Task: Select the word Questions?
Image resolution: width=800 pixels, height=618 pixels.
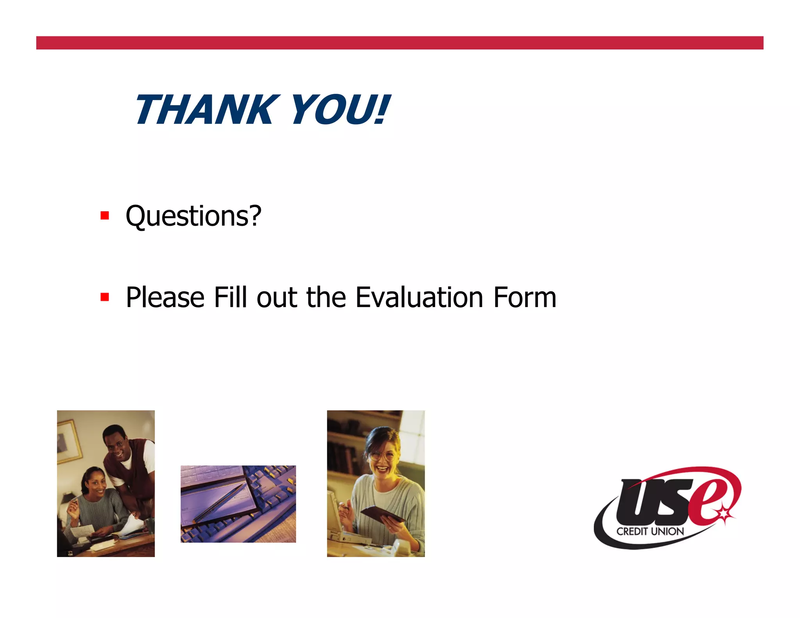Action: (193, 216)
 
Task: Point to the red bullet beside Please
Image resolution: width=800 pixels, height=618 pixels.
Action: (104, 297)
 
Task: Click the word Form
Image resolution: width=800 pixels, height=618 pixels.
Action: (525, 297)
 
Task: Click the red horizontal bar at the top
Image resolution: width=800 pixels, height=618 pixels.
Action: (400, 43)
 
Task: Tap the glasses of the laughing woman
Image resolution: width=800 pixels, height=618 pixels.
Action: (381, 455)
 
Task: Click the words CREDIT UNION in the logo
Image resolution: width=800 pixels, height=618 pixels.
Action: (650, 532)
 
